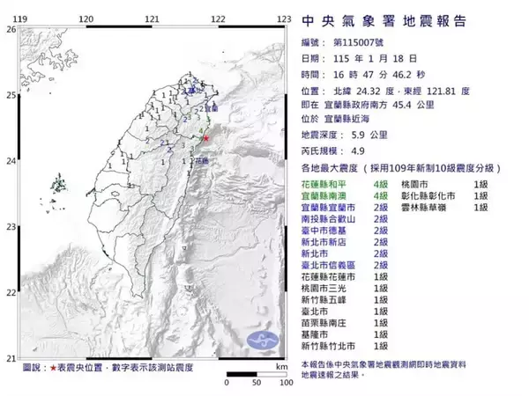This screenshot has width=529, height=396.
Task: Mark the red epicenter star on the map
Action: pos(206,138)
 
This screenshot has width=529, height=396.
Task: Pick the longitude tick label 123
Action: pos(284,18)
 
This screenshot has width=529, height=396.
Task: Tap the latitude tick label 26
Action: pos(11,29)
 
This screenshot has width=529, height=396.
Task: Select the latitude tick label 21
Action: pos(11,358)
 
